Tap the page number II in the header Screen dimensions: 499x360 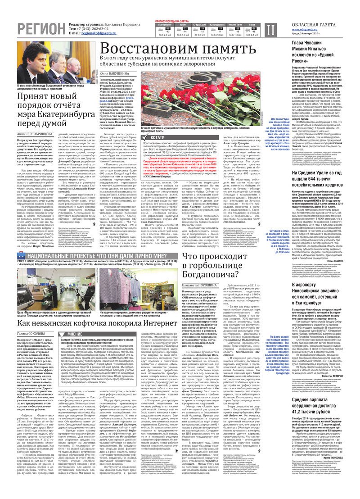(270, 30)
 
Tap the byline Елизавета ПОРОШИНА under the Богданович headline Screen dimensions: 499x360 (198, 285)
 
